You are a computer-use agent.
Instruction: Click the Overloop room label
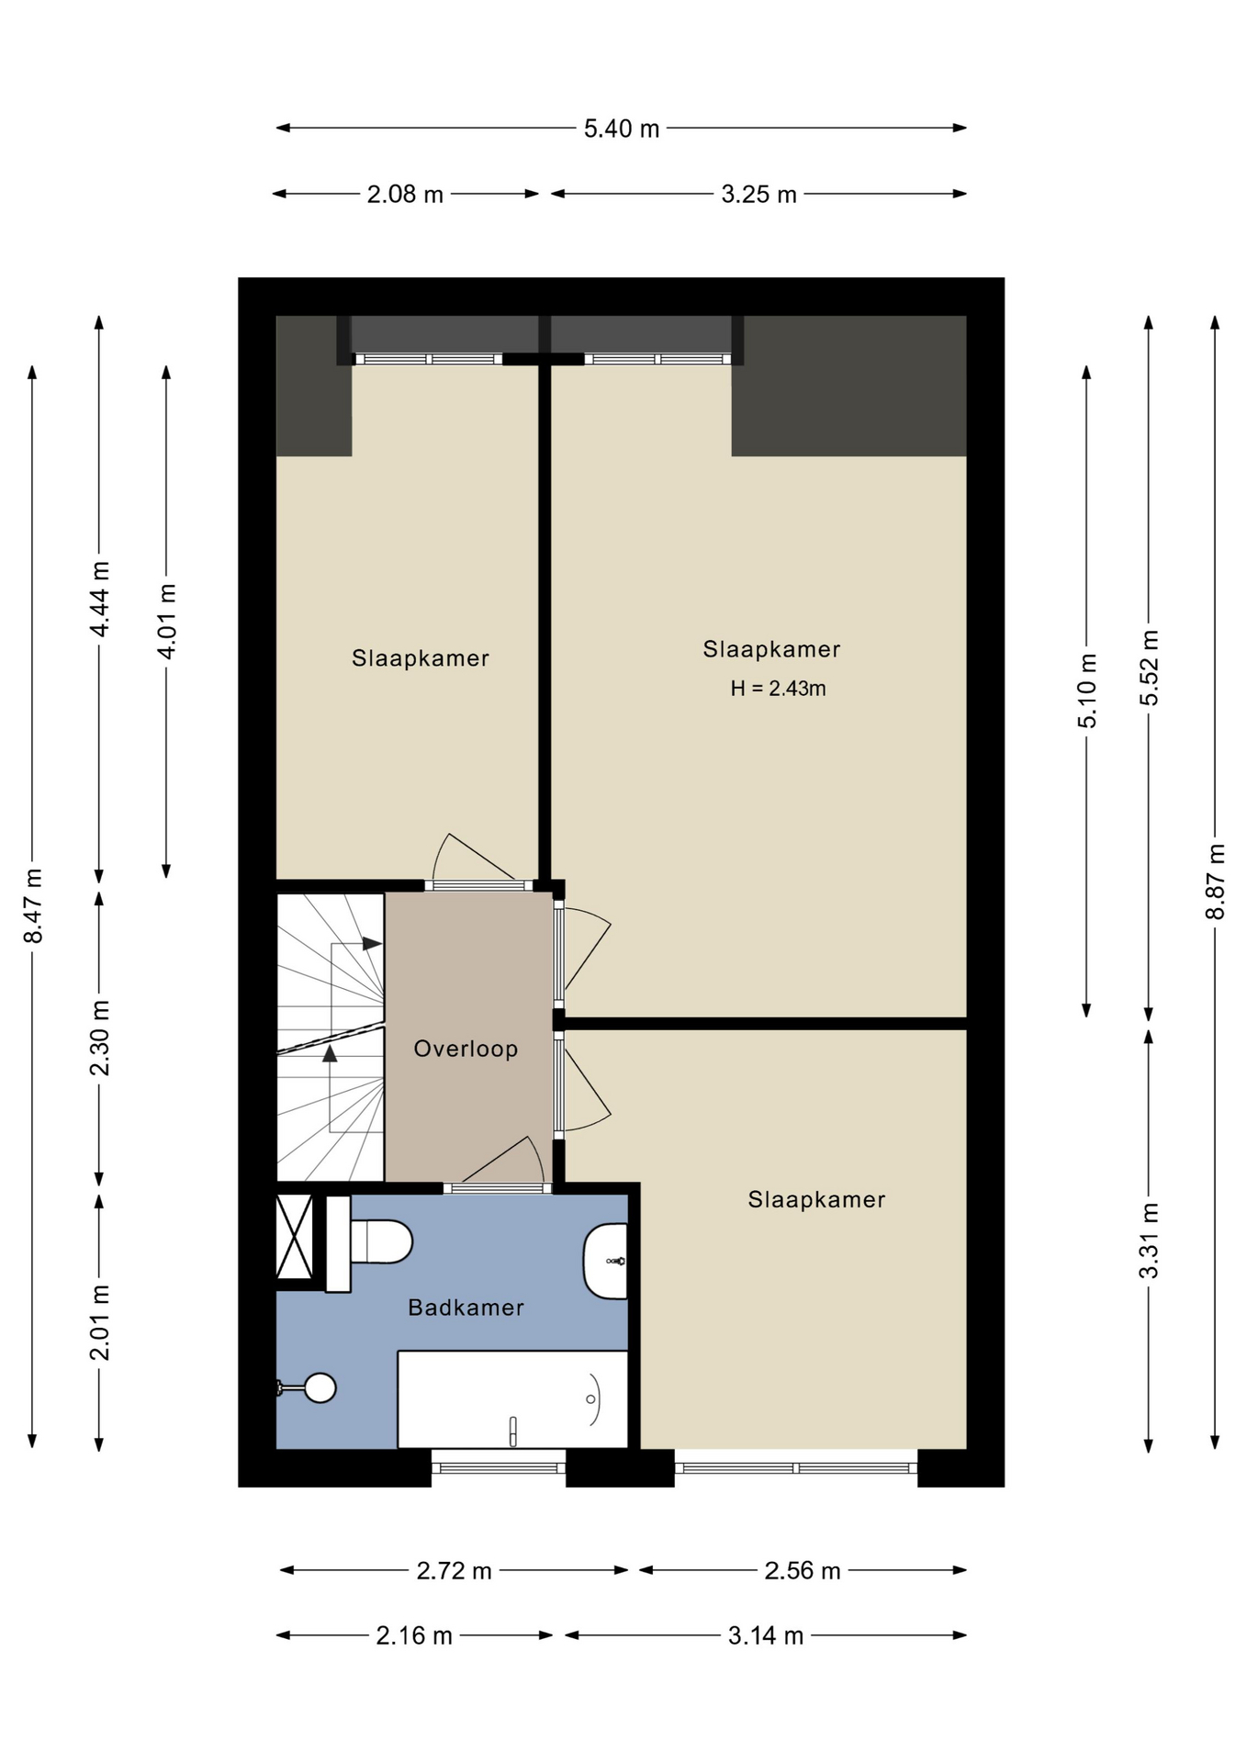[x=466, y=1049]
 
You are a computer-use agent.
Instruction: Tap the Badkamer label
[x=466, y=1308]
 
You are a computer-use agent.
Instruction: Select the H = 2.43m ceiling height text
[x=778, y=689]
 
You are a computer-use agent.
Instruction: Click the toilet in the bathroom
[x=370, y=1242]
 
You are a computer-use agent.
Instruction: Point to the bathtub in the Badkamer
[x=512, y=1398]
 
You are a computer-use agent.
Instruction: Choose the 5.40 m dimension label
[x=622, y=129]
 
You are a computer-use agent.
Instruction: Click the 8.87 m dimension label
[x=1216, y=881]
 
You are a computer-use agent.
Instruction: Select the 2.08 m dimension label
[x=405, y=195]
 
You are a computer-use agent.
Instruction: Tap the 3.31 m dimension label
[x=1149, y=1240]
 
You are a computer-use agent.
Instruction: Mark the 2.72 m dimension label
[x=455, y=1571]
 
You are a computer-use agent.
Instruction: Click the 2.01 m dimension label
[x=99, y=1322]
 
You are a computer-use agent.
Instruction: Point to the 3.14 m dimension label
[x=766, y=1636]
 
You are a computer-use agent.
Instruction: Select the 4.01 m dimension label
[x=166, y=621]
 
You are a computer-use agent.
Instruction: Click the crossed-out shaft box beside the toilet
[x=295, y=1236]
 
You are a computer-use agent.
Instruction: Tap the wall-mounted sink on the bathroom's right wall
[x=606, y=1261]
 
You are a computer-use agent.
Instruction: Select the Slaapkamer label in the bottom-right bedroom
[x=816, y=1199]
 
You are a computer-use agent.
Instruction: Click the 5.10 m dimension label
[x=1087, y=691]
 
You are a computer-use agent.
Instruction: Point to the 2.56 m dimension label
[x=803, y=1571]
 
